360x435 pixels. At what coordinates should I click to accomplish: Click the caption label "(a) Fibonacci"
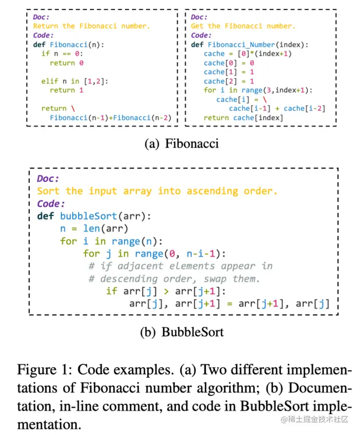click(181, 144)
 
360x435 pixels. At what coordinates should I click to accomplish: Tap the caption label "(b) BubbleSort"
click(181, 332)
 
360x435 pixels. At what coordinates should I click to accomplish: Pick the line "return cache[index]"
click(243, 118)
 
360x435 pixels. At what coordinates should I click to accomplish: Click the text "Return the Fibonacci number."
click(91, 26)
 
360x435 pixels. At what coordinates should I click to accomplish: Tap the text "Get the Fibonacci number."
click(243, 26)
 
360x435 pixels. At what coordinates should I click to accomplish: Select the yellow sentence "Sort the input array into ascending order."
click(158, 191)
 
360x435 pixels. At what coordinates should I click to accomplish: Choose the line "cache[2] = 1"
click(229, 81)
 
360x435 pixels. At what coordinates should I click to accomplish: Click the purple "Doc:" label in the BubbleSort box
click(48, 179)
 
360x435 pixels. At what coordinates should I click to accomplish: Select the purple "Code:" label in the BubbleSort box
click(51, 203)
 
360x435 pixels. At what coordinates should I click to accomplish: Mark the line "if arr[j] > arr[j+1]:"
click(166, 291)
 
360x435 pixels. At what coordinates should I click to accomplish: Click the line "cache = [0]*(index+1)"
click(247, 53)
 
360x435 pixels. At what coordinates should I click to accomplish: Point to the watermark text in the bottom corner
click(315, 419)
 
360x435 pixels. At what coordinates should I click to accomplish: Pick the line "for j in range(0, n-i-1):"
click(154, 254)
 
